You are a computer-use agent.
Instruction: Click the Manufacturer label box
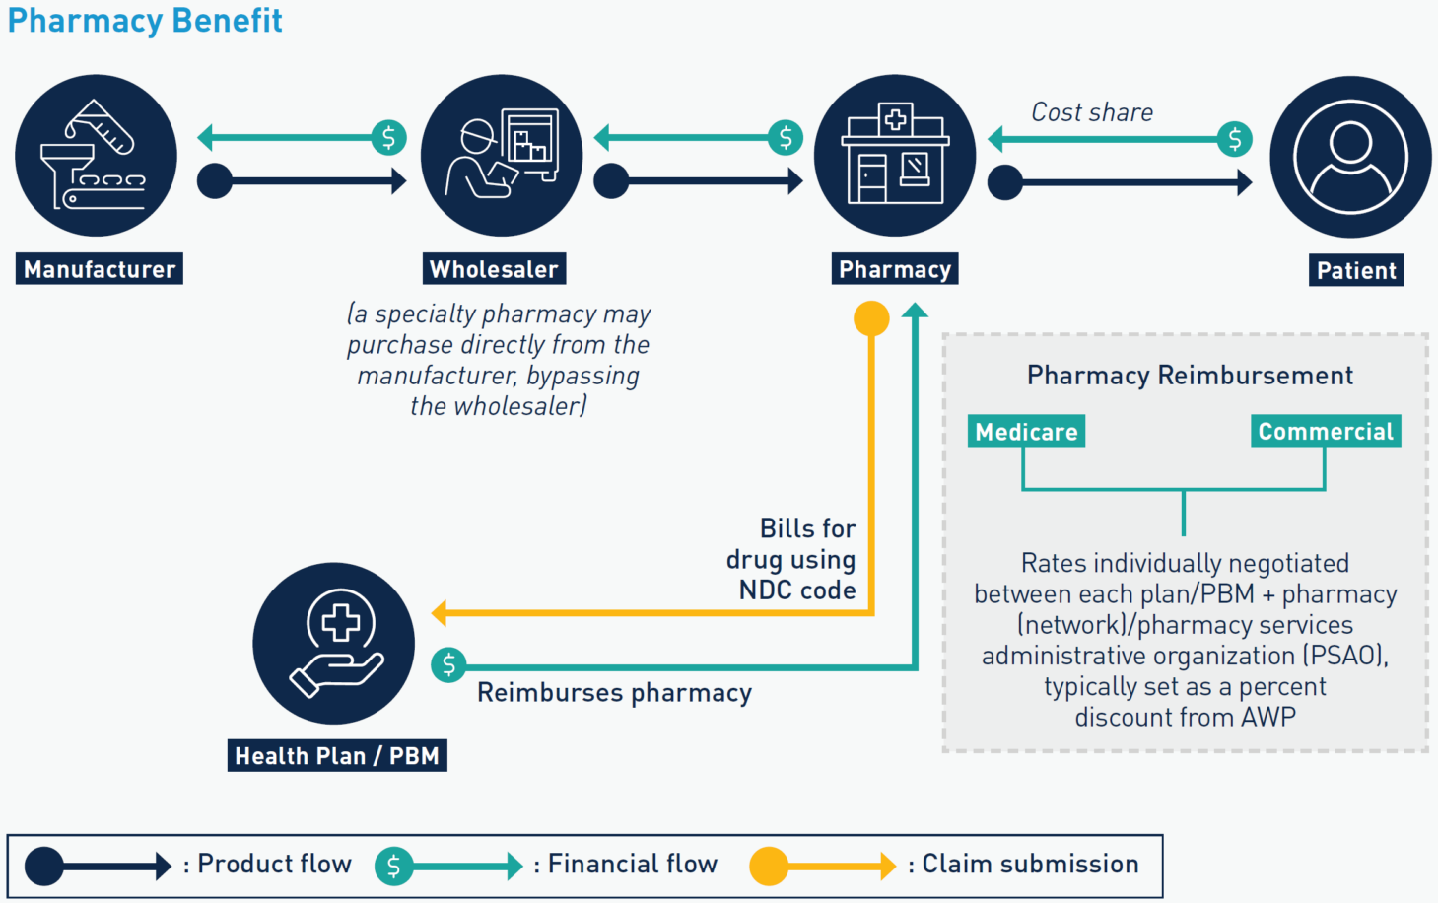tap(100, 269)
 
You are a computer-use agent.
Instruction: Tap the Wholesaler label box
tap(494, 269)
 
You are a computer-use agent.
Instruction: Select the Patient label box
tap(1356, 270)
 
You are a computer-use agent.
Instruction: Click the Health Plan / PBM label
tap(337, 756)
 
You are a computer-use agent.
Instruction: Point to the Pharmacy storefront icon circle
tap(895, 156)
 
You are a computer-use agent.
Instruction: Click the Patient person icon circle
tap(1350, 157)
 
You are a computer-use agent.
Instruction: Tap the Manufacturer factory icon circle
tap(97, 156)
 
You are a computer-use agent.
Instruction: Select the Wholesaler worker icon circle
tap(502, 156)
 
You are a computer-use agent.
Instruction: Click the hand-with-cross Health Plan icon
tap(334, 644)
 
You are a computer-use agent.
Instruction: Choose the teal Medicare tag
tap(1026, 432)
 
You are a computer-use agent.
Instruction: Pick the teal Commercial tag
tap(1326, 431)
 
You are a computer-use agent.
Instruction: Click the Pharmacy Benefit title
tap(145, 21)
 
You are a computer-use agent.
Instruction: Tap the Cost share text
tap(1092, 112)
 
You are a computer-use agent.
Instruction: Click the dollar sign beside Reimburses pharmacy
tap(449, 665)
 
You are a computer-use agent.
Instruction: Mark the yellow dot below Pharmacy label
tap(871, 318)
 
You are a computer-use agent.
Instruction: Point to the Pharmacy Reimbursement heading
tap(1190, 376)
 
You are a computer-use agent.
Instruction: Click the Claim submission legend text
tap(1030, 865)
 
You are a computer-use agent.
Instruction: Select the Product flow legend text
tap(274, 865)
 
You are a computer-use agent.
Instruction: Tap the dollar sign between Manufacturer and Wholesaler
tap(388, 137)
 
